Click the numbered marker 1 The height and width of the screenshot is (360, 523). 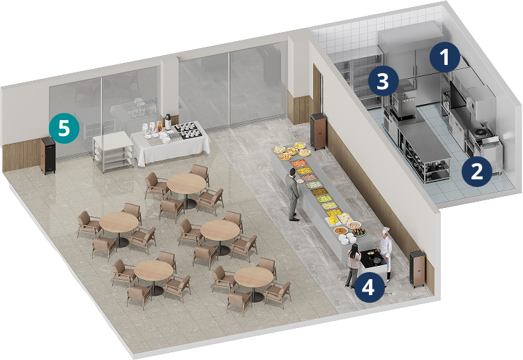[445, 58]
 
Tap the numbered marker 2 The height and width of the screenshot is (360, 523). [477, 172]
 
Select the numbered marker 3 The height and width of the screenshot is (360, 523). [384, 81]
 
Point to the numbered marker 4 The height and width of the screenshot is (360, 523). [368, 287]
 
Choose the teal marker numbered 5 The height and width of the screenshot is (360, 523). [64, 128]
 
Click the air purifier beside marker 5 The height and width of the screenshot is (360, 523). [47, 155]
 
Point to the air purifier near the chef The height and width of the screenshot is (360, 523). [418, 269]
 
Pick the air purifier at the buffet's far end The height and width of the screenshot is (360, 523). [318, 131]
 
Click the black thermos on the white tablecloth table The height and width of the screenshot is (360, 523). [168, 121]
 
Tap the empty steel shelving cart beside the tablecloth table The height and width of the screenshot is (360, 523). [114, 152]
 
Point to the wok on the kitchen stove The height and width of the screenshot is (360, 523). [480, 132]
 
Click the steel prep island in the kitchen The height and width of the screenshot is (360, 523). [423, 153]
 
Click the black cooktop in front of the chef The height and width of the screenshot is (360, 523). [373, 259]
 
